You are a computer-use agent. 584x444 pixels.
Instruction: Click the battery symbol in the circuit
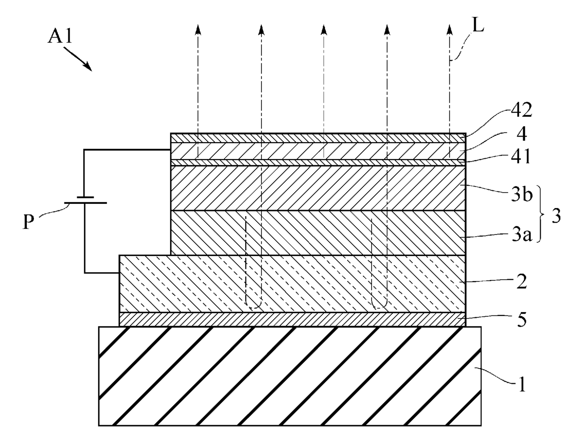pos(85,200)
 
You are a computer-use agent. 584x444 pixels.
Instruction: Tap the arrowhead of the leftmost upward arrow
pos(198,29)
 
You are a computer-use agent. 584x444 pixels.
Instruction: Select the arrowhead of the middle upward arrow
pos(324,29)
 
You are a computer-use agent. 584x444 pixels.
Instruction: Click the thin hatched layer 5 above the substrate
pos(292,319)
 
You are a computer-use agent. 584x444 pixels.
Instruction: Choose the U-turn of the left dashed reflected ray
pos(254,307)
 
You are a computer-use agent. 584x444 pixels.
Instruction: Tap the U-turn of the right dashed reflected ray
pos(380,307)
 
